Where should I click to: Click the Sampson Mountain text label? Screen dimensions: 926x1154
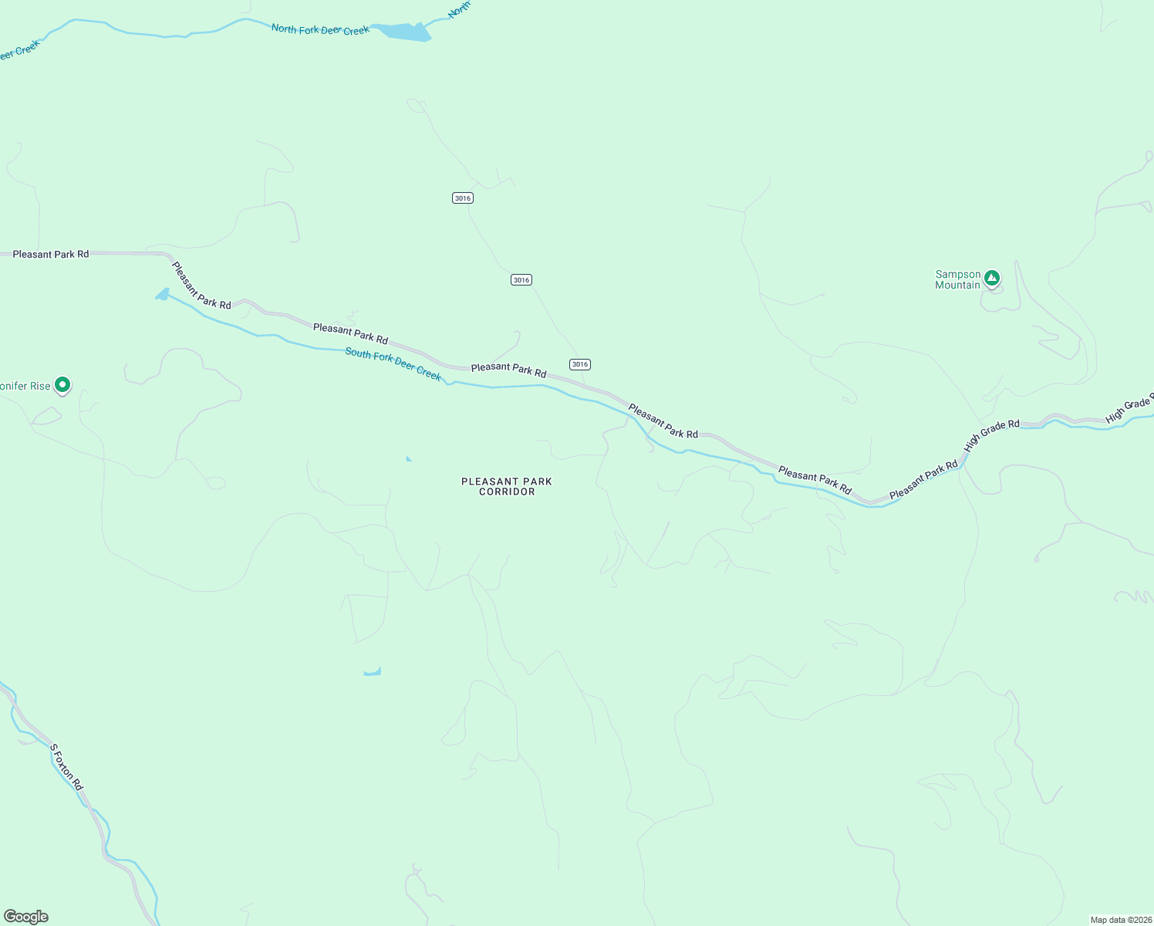pos(957,279)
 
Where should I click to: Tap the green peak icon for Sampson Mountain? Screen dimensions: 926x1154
pos(992,278)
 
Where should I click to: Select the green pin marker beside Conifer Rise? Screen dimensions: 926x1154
pos(63,384)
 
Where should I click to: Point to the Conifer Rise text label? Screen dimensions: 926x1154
pos(25,386)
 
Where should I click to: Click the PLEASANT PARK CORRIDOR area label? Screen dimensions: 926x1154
pos(507,486)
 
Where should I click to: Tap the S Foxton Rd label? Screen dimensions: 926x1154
pos(66,766)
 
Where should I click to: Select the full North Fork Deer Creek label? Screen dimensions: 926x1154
pos(320,30)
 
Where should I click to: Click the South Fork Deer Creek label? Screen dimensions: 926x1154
pos(393,364)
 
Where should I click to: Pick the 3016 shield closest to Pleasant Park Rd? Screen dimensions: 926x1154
pos(580,364)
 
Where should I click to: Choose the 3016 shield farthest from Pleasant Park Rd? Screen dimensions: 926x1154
pos(463,198)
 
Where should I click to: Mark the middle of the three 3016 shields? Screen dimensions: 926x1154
pos(521,280)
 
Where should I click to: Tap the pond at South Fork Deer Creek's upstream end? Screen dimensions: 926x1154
pos(163,294)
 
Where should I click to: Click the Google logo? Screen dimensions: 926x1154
pos(26,917)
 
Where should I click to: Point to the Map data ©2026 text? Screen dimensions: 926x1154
pos(1120,920)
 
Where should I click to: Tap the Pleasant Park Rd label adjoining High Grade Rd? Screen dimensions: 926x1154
pos(923,478)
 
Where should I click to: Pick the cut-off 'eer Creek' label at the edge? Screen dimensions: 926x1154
pos(19,51)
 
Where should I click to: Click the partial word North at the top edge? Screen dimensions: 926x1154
pos(459,9)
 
